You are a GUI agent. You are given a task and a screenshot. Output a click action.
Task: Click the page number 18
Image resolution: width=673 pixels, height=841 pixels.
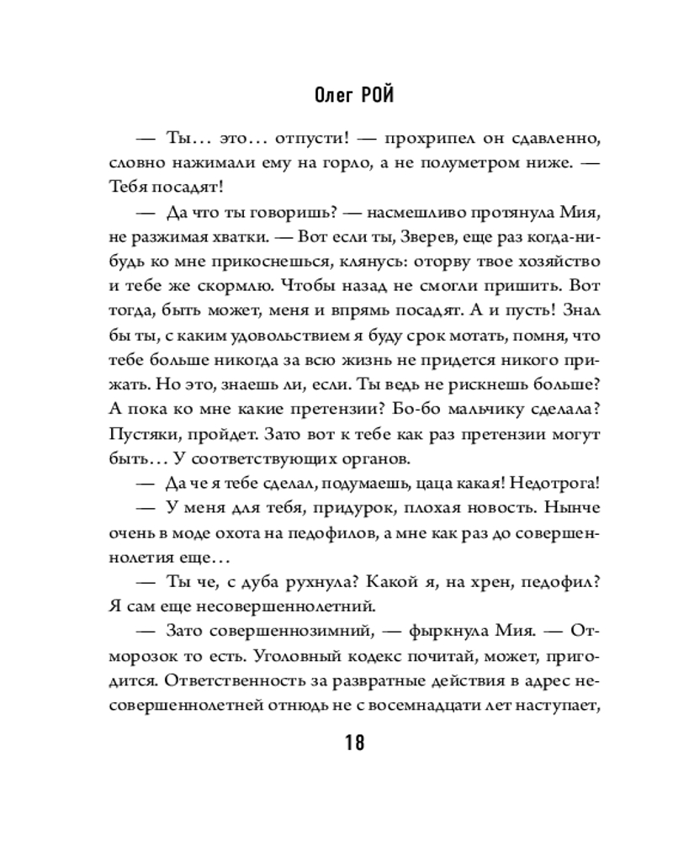coord(353,743)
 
